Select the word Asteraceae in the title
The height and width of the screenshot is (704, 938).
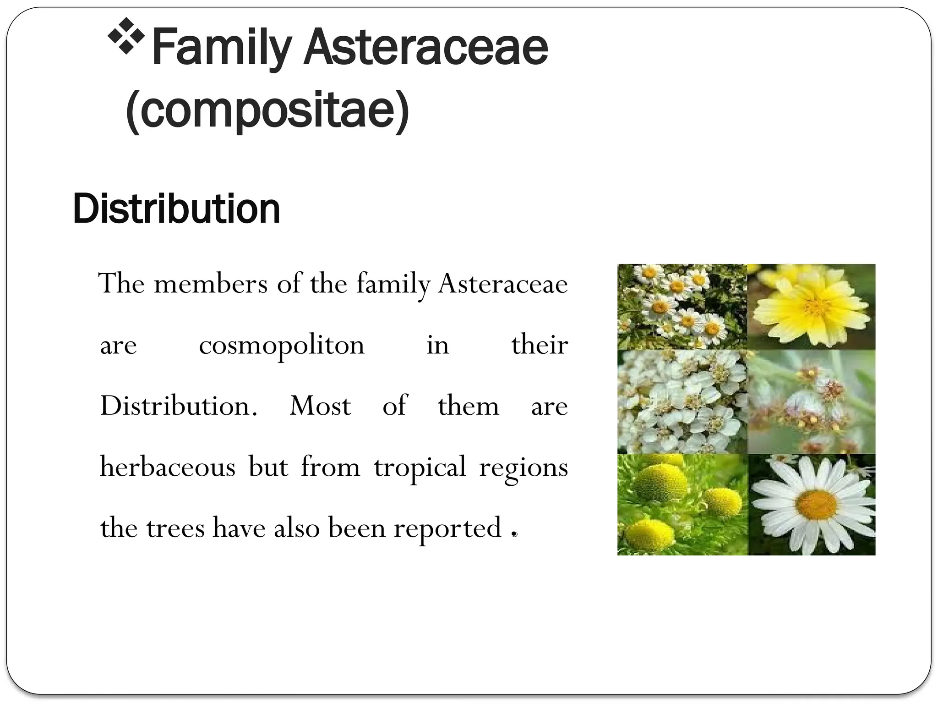pos(426,48)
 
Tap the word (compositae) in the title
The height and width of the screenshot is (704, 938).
pos(267,110)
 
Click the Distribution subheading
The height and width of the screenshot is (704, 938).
pos(176,209)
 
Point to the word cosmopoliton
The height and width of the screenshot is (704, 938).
pos(282,346)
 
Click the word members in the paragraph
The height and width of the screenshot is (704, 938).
pos(211,284)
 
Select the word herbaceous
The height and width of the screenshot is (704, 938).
pos(168,467)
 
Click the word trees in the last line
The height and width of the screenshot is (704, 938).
pos(175,528)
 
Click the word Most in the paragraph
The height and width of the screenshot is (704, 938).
pos(320,407)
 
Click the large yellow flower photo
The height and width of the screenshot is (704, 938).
pos(811,307)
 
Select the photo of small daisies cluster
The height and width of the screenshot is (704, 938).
pos(682,307)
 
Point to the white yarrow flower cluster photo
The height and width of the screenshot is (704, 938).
pos(682,402)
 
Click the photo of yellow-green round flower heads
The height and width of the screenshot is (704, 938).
pos(682,505)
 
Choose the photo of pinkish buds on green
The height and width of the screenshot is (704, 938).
pos(811,402)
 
